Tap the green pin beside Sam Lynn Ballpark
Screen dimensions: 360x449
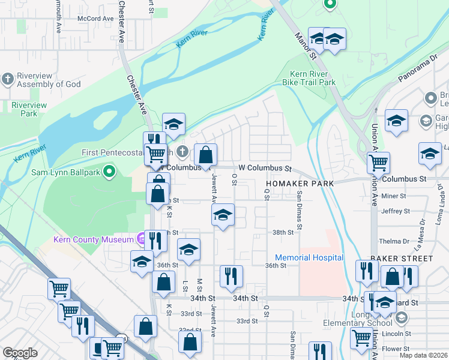tap(109, 173)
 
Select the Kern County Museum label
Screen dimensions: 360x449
tap(93, 240)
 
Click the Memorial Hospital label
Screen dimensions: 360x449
tap(309, 257)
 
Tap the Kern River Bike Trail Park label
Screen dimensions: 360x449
tap(309, 77)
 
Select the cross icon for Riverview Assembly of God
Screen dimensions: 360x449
tap(7, 79)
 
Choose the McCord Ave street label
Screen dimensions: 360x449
tap(95, 19)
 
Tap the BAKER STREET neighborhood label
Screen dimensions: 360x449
tap(401, 259)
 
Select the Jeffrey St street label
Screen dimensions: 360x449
tap(395, 211)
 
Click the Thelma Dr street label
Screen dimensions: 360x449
tap(394, 242)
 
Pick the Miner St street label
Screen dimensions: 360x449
tap(394, 196)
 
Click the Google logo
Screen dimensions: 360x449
tap(20, 353)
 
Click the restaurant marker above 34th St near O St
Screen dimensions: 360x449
tap(231, 276)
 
